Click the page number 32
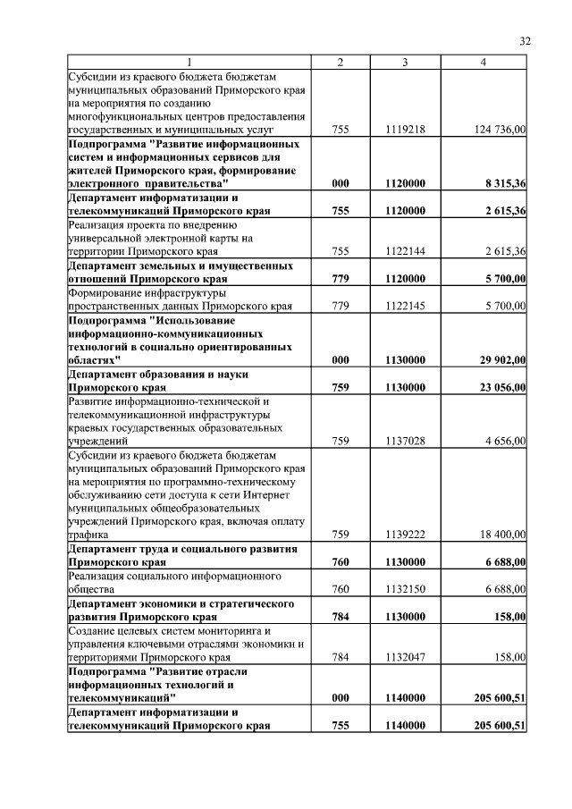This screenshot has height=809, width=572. coord(526,40)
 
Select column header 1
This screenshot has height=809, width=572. coord(189,61)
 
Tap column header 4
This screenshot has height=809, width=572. coord(484,61)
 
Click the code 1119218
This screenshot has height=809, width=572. coord(405,130)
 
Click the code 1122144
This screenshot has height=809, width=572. coord(405,252)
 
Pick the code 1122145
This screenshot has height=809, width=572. coord(405,305)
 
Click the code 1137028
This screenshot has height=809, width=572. coord(405,441)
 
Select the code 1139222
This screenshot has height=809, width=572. coord(405,534)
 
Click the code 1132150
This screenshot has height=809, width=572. coord(405,589)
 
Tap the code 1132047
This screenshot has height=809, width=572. coord(405,657)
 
